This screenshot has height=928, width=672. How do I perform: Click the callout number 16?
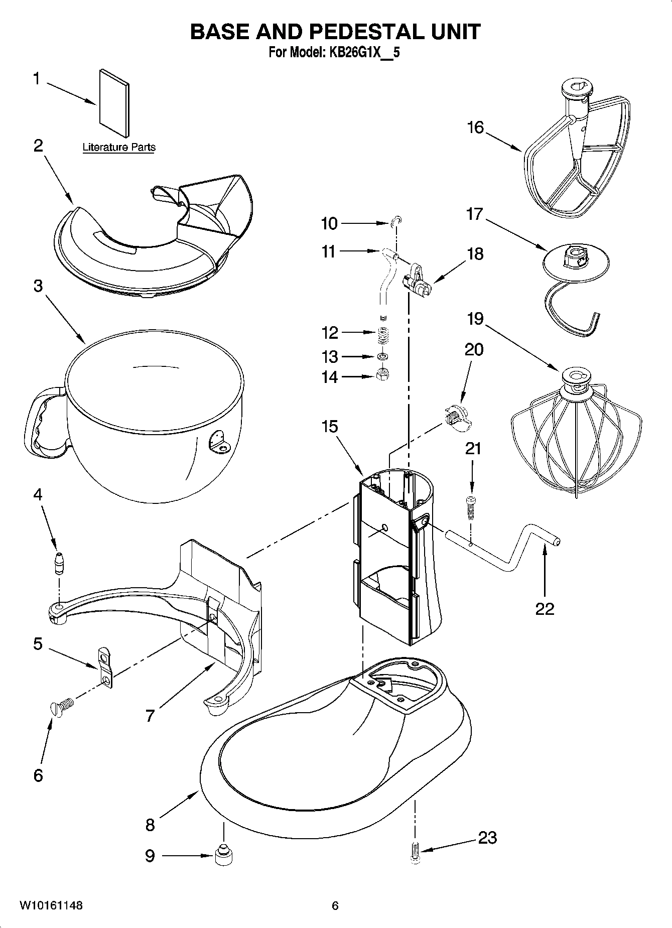[475, 127]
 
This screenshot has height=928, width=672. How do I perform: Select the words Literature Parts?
[119, 148]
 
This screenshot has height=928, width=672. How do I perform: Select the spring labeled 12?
[384, 334]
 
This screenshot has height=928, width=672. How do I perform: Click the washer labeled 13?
[383, 356]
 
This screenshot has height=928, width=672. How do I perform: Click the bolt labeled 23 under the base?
[414, 854]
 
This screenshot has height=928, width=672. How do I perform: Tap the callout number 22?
[545, 609]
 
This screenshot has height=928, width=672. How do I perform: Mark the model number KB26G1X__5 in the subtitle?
[364, 52]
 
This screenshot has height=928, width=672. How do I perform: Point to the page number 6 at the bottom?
[335, 906]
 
